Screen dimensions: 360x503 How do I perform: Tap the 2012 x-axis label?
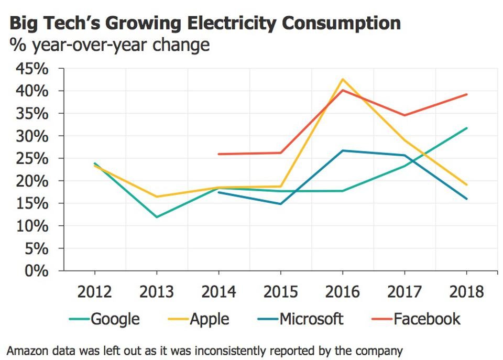point(95,291)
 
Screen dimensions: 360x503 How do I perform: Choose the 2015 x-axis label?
point(280,291)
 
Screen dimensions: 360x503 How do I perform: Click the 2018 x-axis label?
point(466,291)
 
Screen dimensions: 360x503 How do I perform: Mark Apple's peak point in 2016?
point(342,79)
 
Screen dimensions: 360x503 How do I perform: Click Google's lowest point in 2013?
point(157,217)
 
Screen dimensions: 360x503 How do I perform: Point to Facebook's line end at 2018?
point(466,94)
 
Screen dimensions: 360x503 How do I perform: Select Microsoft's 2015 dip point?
point(280,204)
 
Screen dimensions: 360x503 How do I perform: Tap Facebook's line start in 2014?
point(218,154)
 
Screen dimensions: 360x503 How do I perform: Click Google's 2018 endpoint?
point(466,128)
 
